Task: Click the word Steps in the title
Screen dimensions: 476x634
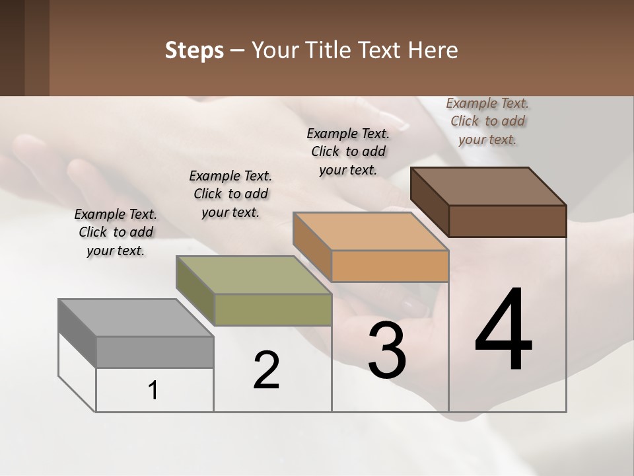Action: [x=194, y=50]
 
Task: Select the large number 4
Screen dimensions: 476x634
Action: [x=503, y=331]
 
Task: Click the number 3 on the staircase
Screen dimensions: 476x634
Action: [x=386, y=350]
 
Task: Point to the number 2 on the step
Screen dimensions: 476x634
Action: [x=266, y=370]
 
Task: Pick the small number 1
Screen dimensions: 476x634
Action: [x=153, y=391]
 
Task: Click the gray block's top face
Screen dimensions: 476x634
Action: [x=135, y=318]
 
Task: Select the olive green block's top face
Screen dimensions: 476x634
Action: [x=253, y=275]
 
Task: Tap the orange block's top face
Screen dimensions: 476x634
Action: [x=370, y=231]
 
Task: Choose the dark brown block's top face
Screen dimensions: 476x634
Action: [x=488, y=186]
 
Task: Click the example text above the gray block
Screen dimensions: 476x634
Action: [x=116, y=232]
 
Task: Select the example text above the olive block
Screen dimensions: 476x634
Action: [x=230, y=194]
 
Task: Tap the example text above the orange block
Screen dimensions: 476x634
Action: [x=348, y=151]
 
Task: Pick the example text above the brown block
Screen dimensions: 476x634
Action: [x=487, y=121]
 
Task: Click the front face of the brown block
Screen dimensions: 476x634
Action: [x=507, y=221]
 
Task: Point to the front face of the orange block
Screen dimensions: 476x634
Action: [x=390, y=266]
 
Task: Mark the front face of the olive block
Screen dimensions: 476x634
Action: [x=273, y=309]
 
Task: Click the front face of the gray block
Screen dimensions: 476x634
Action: [x=155, y=352]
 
